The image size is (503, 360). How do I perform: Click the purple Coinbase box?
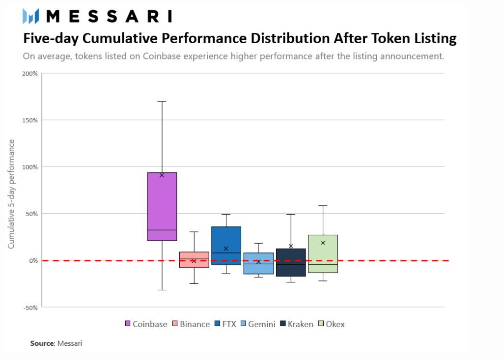(162, 206)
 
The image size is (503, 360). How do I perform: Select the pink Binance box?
(194, 259)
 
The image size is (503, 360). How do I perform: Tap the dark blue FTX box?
(226, 246)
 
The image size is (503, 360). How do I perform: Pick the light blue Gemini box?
(258, 263)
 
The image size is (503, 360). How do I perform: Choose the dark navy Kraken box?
(291, 262)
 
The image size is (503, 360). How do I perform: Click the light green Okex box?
(323, 253)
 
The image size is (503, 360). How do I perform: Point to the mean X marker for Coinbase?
(162, 175)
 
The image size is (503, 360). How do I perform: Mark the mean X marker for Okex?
(323, 243)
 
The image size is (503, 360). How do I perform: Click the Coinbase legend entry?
(146, 324)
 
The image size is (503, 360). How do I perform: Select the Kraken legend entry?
(296, 324)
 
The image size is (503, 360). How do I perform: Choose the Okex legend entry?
(332, 324)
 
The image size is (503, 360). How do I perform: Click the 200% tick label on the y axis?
(29, 74)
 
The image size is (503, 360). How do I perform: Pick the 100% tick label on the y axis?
(29, 167)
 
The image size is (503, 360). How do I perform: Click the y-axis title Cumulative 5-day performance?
(11, 194)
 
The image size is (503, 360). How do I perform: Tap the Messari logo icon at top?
(31, 16)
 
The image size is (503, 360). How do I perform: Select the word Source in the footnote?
(41, 343)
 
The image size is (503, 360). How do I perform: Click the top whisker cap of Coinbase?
(162, 102)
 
